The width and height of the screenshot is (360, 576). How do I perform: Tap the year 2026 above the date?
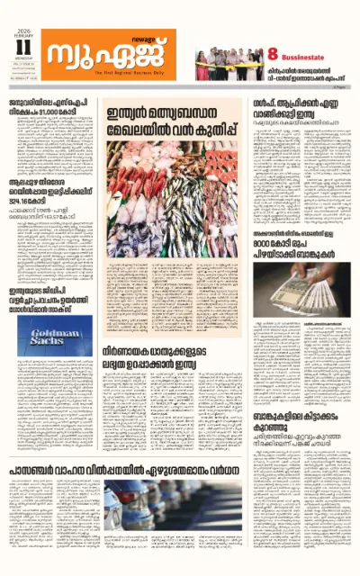[x=22, y=27]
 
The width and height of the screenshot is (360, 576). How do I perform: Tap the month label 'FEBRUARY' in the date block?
[x=22, y=33]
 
